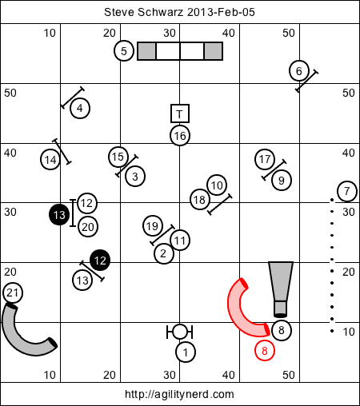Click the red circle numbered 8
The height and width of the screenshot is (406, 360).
pyautogui.click(x=265, y=351)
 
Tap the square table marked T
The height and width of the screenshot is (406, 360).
pyautogui.click(x=180, y=113)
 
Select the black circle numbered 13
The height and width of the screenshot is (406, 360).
pyautogui.click(x=59, y=215)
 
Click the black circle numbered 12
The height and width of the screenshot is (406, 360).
pyautogui.click(x=100, y=261)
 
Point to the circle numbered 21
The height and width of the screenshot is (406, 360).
pyautogui.click(x=13, y=293)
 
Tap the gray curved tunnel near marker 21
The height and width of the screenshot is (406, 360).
pyautogui.click(x=18, y=342)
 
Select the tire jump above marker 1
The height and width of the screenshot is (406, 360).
pyautogui.click(x=179, y=332)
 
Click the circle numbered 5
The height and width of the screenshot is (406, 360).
pyautogui.click(x=124, y=50)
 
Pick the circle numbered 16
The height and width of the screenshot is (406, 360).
pyautogui.click(x=180, y=136)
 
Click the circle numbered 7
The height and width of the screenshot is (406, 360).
pyautogui.click(x=347, y=191)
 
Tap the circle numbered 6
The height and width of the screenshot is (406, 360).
pyautogui.click(x=299, y=71)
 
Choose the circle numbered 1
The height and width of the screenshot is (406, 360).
pyautogui.click(x=186, y=352)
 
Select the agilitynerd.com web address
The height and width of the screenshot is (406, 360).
pyautogui.click(x=179, y=394)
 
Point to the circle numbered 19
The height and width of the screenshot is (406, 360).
pyautogui.click(x=153, y=226)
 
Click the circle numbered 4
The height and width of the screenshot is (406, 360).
pyautogui.click(x=80, y=109)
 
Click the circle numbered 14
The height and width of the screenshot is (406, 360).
pyautogui.click(x=50, y=160)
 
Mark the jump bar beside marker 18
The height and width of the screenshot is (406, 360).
pyautogui.click(x=220, y=205)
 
